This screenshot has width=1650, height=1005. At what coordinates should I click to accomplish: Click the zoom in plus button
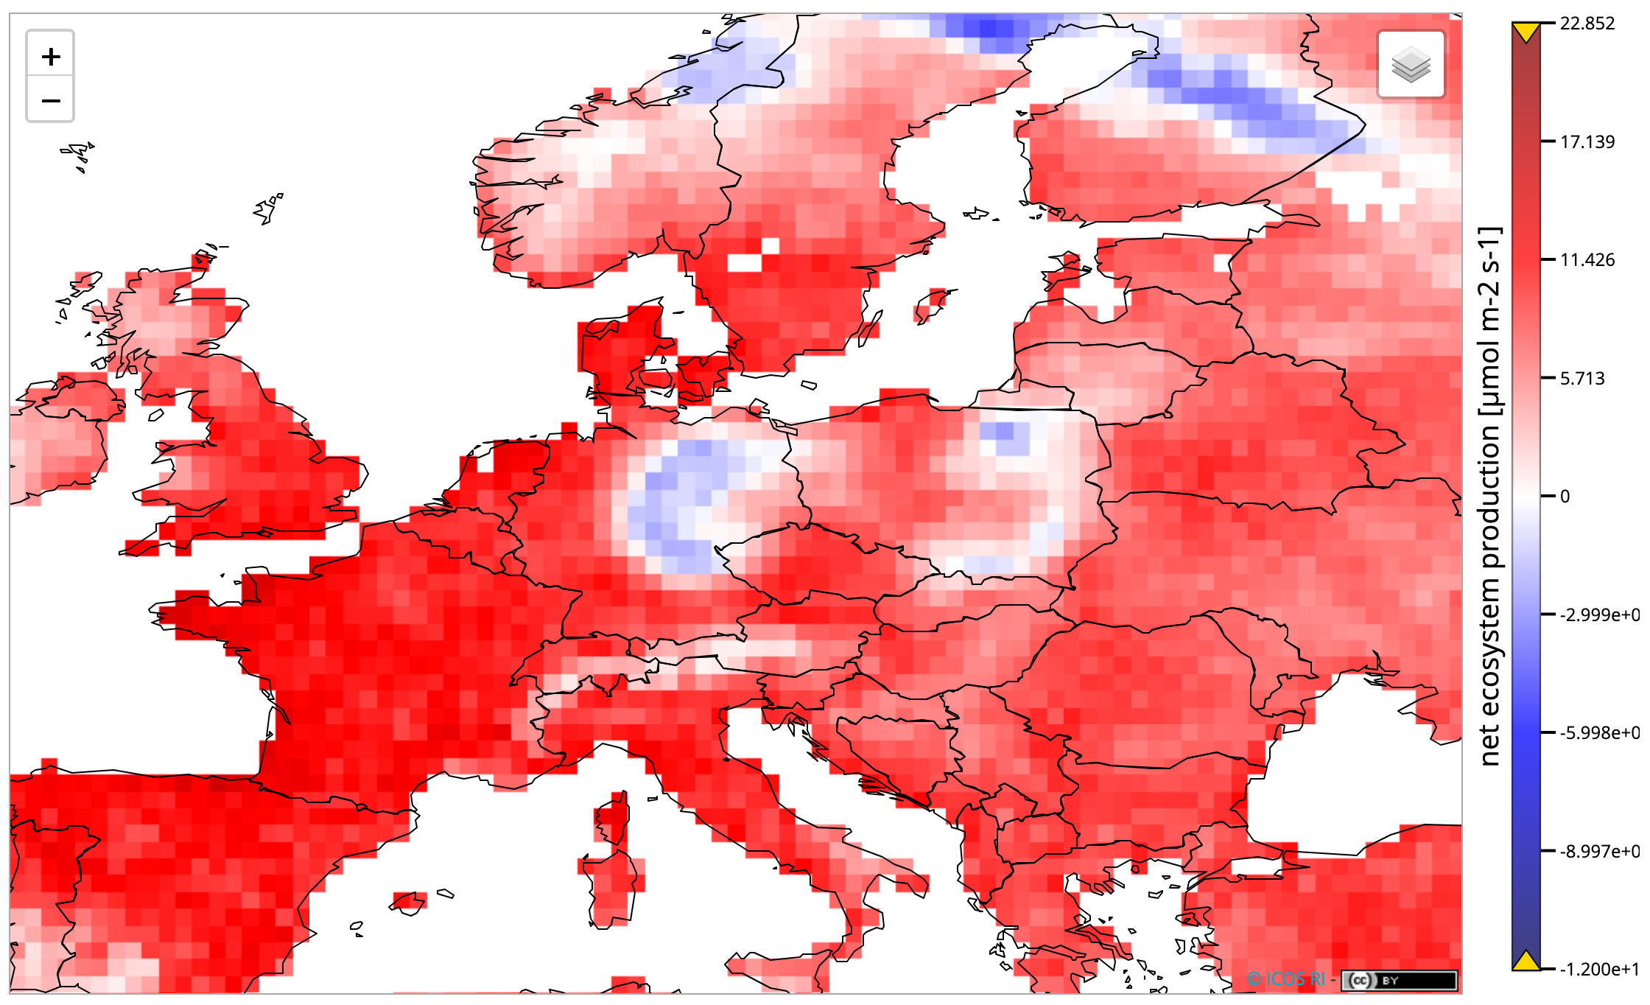[x=50, y=56]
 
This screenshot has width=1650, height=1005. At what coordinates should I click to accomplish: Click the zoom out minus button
[x=50, y=99]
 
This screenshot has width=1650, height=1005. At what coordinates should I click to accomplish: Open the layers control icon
[x=1411, y=64]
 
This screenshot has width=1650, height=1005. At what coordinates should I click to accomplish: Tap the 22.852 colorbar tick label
[x=1587, y=24]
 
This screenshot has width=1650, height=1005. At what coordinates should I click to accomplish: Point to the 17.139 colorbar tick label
[x=1587, y=141]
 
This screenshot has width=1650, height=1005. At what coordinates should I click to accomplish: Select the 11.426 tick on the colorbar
[x=1587, y=260]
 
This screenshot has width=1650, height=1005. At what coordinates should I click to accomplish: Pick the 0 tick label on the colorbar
[x=1565, y=497]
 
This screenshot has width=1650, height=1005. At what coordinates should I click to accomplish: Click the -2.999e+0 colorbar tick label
[x=1599, y=614]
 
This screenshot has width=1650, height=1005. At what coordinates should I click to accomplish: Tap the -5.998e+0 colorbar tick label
[x=1599, y=733]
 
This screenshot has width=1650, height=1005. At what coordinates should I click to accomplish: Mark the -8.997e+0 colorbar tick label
[x=1599, y=852]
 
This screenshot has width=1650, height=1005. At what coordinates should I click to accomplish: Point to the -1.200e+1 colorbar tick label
[x=1599, y=970]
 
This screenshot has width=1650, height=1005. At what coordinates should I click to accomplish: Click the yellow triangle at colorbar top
[x=1526, y=32]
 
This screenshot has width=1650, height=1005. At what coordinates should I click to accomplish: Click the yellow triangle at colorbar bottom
[x=1526, y=961]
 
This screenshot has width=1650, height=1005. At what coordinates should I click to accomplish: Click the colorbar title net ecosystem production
[x=1489, y=497]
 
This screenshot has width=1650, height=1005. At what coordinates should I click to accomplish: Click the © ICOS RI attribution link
[x=1285, y=979]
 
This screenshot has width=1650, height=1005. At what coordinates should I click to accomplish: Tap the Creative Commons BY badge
[x=1398, y=980]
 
